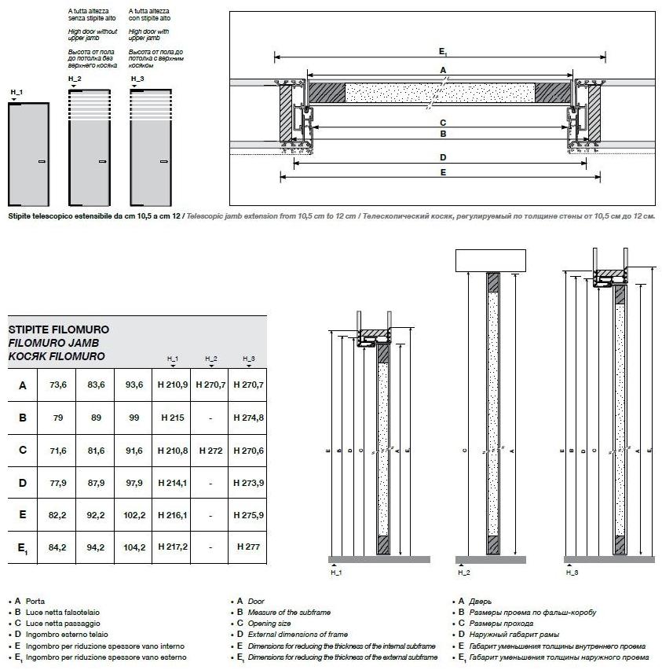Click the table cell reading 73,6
[57, 385]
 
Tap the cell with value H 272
[210, 451]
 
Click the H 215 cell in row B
[171, 418]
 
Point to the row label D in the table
[23, 483]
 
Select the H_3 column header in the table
[248, 359]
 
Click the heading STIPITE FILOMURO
[58, 329]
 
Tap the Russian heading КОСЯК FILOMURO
[56, 356]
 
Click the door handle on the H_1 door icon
[42, 161]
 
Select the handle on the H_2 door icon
[102, 161]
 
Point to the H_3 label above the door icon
[137, 79]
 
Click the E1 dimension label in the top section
[443, 51]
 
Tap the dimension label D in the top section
[443, 158]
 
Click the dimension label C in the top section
[443, 123]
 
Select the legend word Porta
[35, 601]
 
